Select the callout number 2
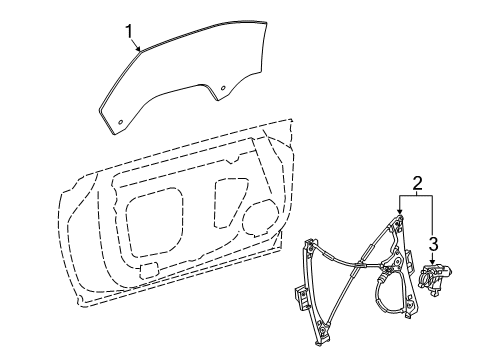point(416,183)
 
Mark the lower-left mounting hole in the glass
point(122,123)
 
